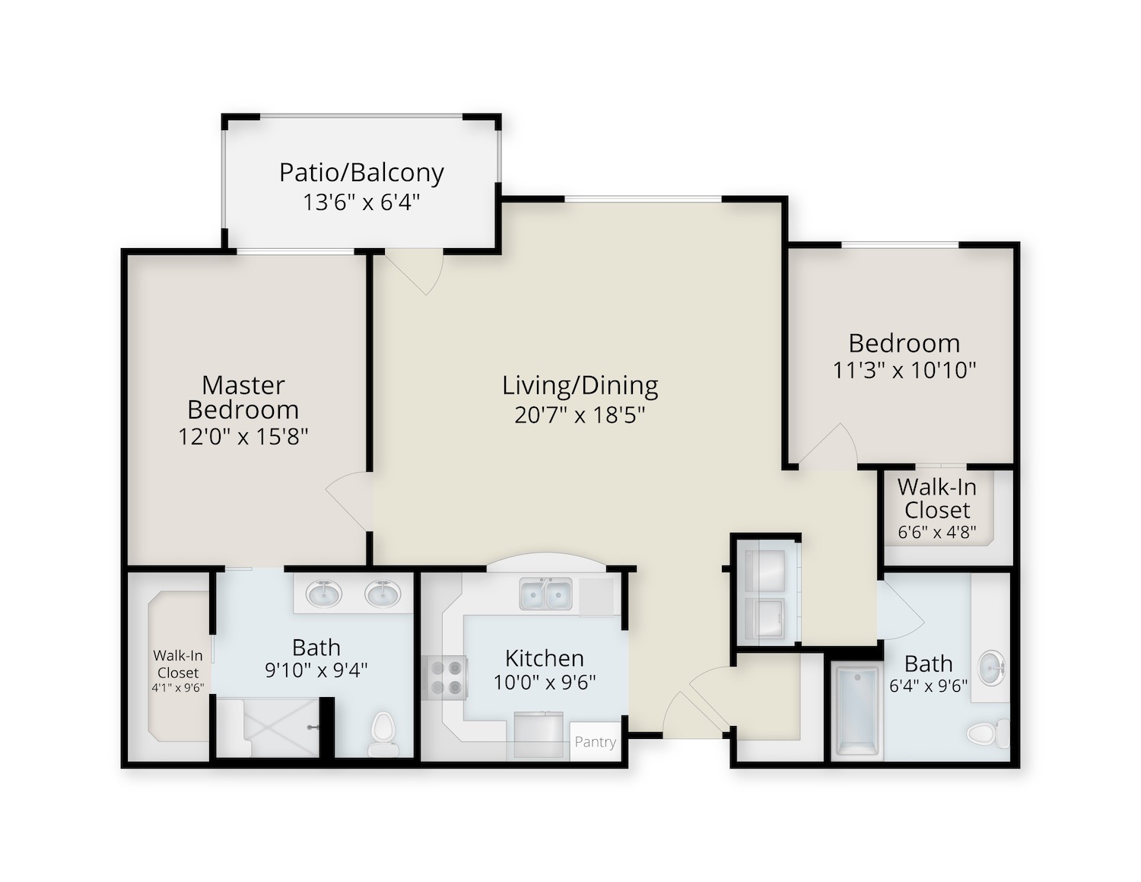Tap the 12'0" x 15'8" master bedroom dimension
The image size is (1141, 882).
pos(243,437)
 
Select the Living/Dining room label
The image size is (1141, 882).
pos(580,386)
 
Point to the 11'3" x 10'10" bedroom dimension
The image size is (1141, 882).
pos(904,371)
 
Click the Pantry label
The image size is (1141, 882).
pos(595,742)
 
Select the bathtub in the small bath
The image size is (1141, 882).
pos(857,712)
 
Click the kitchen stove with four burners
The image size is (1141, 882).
pos(445,677)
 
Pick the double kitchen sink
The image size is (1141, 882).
pos(545,594)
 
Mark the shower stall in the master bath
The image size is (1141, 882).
pos(269,728)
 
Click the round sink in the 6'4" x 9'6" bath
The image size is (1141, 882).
pos(991,667)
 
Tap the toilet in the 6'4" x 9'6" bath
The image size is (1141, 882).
pos(987,734)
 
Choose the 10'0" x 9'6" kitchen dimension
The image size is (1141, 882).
pos(545,683)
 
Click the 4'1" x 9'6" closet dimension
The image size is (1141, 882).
pos(178,688)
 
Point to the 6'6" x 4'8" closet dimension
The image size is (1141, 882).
pos(936,532)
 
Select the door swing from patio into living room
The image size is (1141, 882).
pos(415,273)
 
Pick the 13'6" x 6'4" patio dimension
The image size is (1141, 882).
pos(361,202)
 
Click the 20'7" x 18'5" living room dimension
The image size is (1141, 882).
pos(579,415)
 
